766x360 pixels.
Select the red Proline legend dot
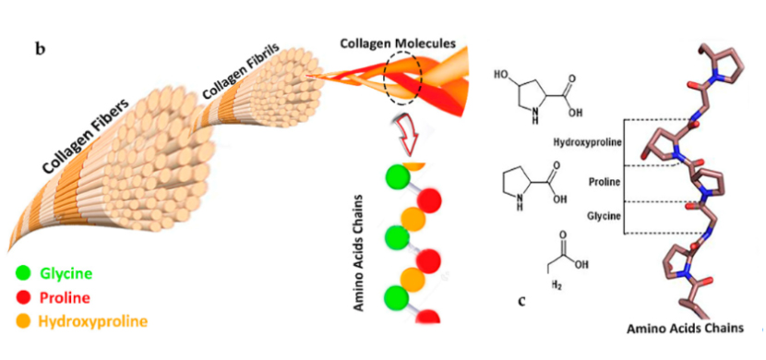pos(23,297)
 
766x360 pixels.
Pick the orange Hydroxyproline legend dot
pos(23,321)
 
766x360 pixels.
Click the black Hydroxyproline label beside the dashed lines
pos(588,142)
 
